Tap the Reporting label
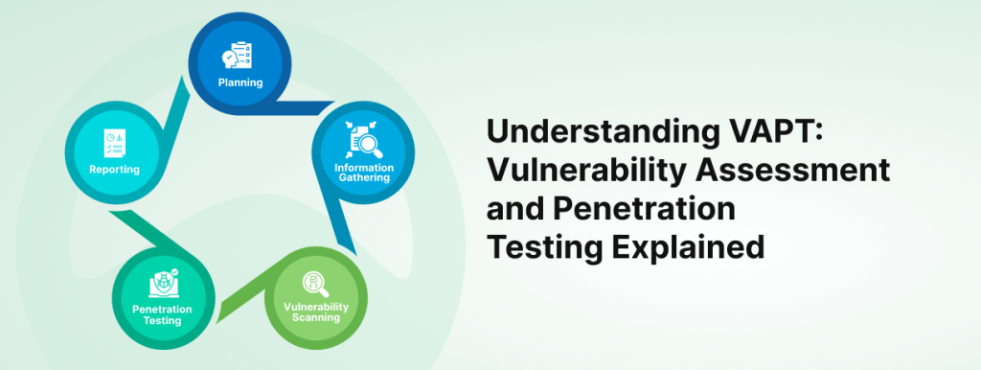coord(115,170)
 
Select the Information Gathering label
coord(364,173)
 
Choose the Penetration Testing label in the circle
coord(161,314)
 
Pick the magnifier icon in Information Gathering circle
coord(365,142)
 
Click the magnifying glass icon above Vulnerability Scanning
coord(314,283)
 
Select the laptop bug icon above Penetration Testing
coord(161,286)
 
